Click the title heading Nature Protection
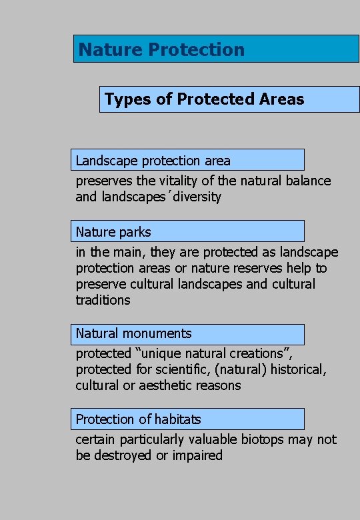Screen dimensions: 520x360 (161, 49)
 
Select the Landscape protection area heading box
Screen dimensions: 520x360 (187, 160)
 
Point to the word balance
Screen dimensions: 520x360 (308, 181)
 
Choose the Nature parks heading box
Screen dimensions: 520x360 (187, 231)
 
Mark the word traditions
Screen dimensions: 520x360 (103, 300)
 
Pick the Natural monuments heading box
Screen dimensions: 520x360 (187, 333)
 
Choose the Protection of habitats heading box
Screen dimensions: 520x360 (187, 419)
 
